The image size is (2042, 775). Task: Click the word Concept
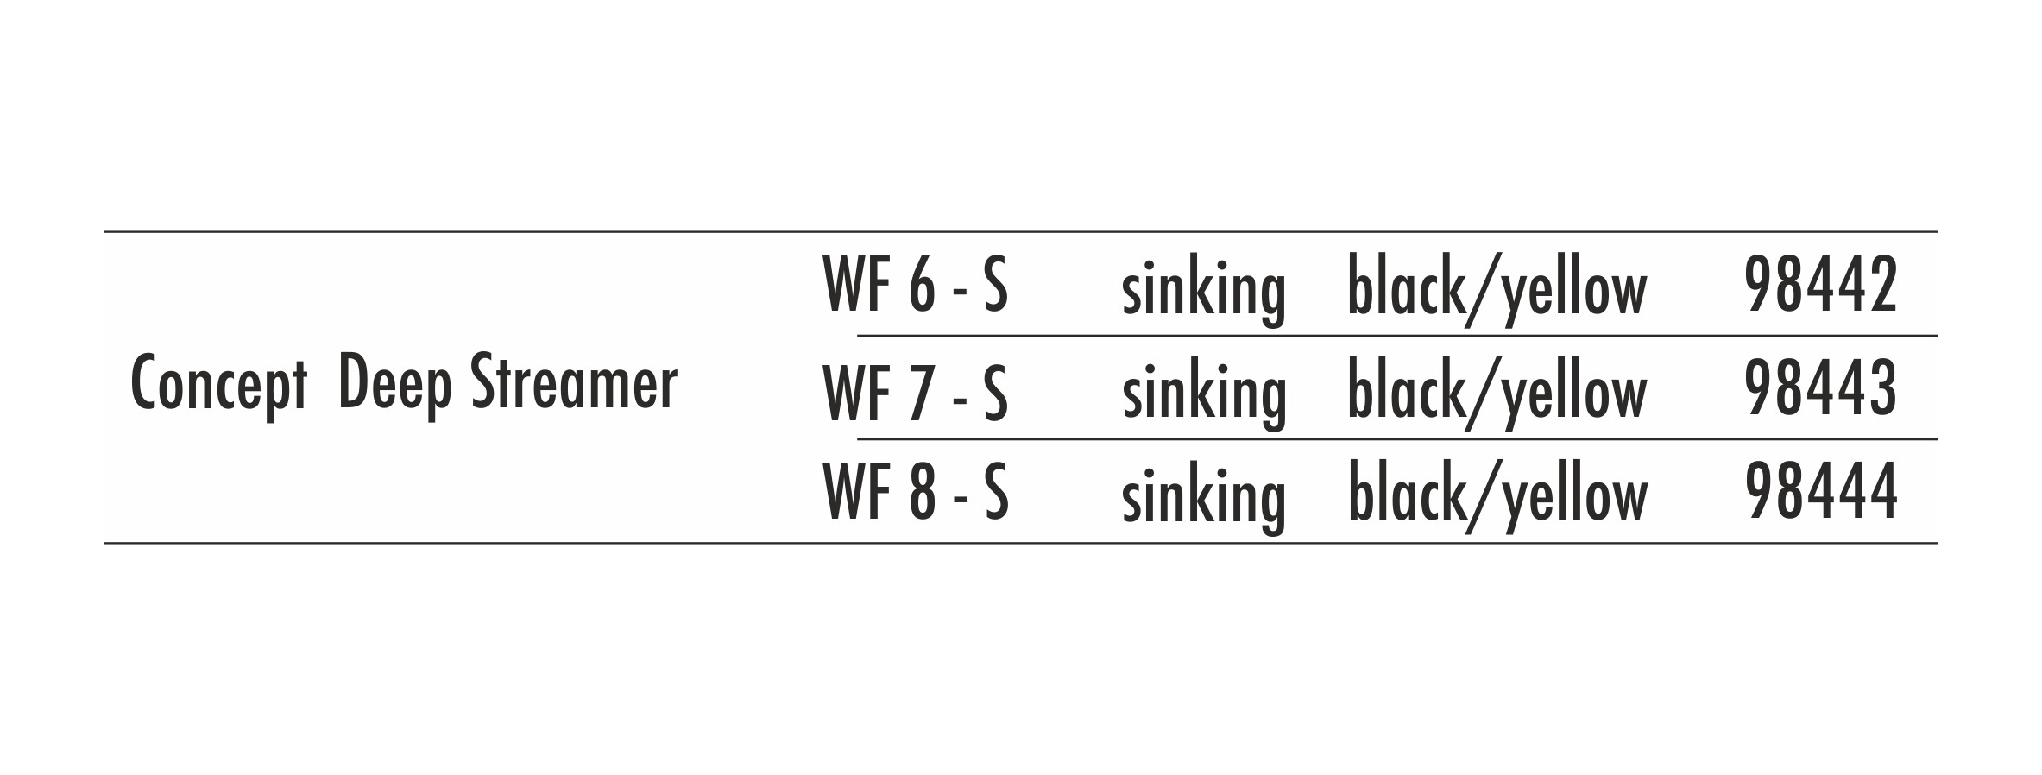218,385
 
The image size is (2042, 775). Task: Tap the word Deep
395,385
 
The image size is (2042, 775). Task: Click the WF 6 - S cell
917,285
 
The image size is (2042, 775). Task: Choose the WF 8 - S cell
917,493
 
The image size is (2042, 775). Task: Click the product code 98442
1821,285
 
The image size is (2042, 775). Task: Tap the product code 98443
1821,389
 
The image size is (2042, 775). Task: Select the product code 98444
1821,493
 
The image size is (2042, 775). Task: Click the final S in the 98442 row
996,285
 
